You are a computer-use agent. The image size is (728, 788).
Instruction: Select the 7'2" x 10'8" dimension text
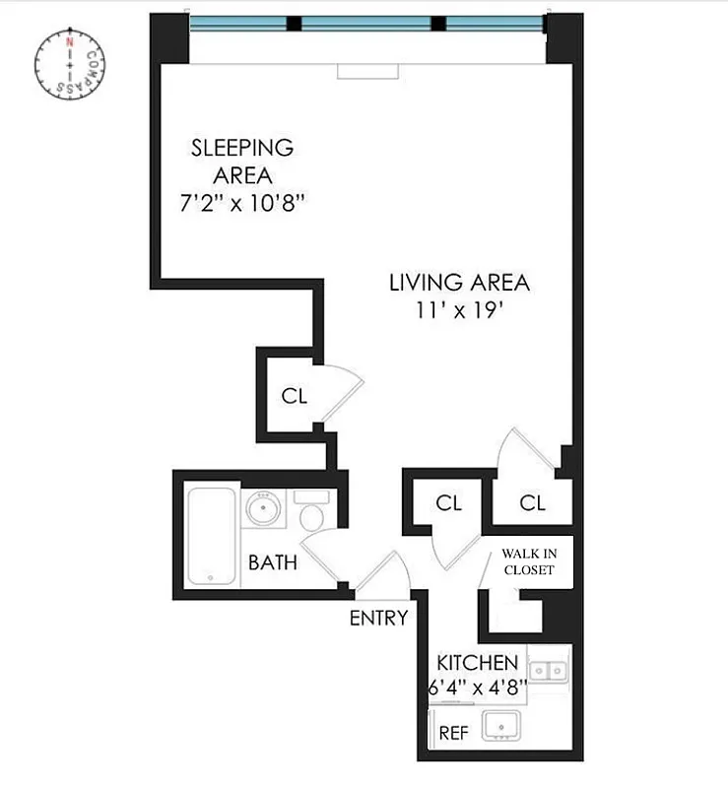(x=242, y=203)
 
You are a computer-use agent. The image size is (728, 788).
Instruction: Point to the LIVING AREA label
(x=459, y=283)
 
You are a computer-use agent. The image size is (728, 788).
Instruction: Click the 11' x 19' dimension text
(x=460, y=311)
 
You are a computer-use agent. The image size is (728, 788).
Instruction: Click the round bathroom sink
(x=264, y=510)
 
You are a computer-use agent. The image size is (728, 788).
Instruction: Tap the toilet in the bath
(x=312, y=515)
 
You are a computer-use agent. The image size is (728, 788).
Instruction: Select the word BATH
(x=273, y=563)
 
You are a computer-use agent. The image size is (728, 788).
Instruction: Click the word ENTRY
(x=378, y=619)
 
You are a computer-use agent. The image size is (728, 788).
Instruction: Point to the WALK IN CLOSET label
(x=529, y=561)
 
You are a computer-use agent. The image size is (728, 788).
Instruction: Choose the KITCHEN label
(x=478, y=662)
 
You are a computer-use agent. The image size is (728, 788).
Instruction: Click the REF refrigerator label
(x=453, y=733)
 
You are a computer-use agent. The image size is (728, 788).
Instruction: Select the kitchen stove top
(x=548, y=671)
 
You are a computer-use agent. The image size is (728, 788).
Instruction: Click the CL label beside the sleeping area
(x=295, y=397)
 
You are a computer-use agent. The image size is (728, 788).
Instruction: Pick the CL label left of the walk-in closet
(x=449, y=503)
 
